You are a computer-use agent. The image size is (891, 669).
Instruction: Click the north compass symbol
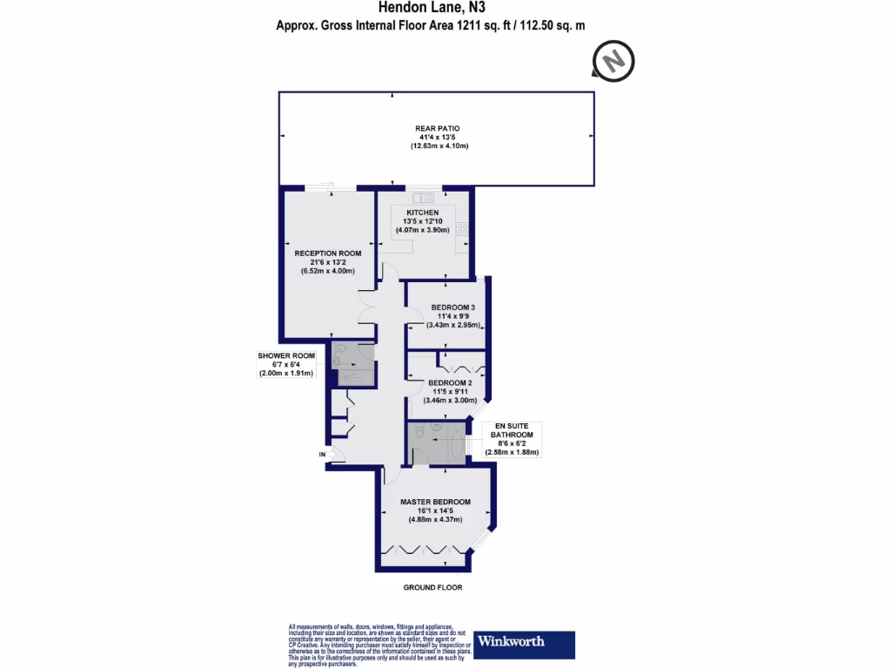point(614,62)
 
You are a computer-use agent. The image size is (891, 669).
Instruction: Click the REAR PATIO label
point(437,128)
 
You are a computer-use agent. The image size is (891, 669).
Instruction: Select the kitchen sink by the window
point(425,197)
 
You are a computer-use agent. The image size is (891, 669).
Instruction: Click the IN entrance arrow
point(323,454)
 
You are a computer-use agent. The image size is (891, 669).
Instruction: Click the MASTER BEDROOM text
point(435,502)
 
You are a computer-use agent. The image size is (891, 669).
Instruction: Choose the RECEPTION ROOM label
point(322,253)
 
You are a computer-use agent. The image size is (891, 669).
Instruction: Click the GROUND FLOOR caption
point(432,588)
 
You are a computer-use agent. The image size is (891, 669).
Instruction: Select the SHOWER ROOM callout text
point(285,355)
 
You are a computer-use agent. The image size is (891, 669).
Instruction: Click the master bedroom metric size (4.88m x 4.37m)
point(435,519)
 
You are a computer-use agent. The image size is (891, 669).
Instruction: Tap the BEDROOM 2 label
point(451,383)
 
